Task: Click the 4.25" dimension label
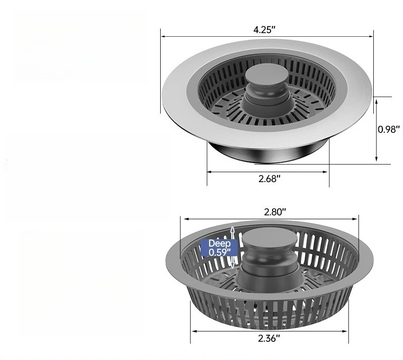[x=264, y=30]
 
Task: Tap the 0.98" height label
[x=389, y=129]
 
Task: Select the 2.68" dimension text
[x=269, y=178]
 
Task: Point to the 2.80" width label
[x=275, y=212]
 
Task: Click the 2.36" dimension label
[x=269, y=338]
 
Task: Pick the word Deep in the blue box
[x=220, y=243]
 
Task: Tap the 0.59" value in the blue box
[x=220, y=252]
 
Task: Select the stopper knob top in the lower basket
[x=270, y=241]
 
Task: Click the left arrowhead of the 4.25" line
[x=163, y=36]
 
